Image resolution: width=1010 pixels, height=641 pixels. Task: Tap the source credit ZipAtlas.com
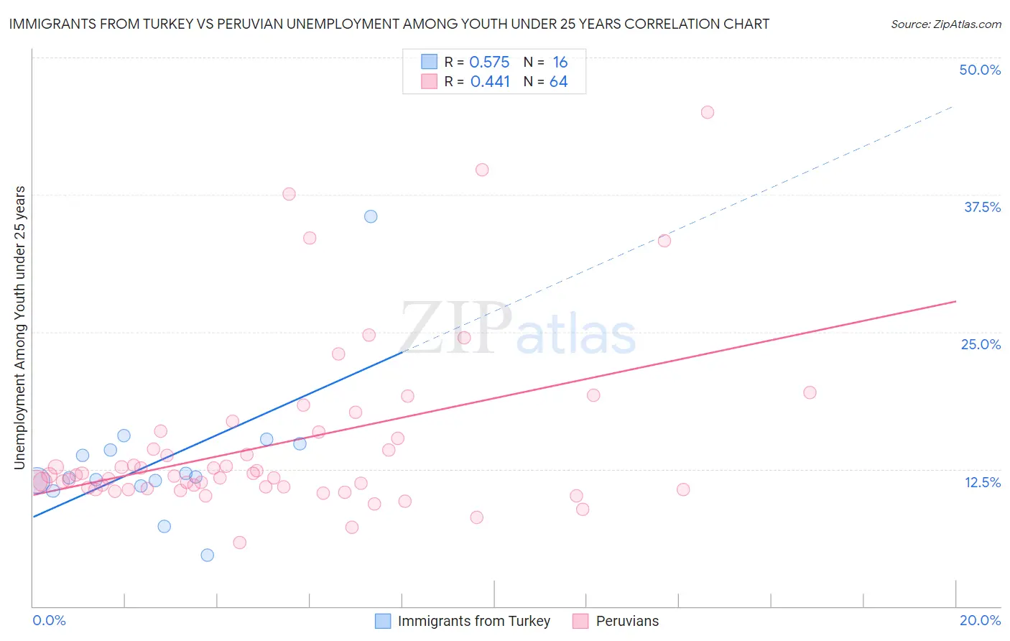(x=945, y=24)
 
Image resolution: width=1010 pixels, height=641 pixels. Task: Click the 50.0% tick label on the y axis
(x=980, y=70)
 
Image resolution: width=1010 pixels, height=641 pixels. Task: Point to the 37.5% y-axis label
(x=982, y=207)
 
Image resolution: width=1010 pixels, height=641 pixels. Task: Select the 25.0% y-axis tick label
(x=981, y=344)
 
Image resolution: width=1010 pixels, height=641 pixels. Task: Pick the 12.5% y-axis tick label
(x=982, y=482)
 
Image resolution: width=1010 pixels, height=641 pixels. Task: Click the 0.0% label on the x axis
(x=49, y=620)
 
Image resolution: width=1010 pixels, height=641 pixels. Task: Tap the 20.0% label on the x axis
(x=980, y=620)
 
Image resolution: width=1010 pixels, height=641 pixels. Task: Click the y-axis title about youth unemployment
(x=20, y=328)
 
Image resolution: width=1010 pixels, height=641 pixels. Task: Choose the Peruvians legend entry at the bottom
(x=626, y=621)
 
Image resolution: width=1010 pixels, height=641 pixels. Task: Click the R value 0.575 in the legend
(x=489, y=63)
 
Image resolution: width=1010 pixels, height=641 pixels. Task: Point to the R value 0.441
(x=490, y=82)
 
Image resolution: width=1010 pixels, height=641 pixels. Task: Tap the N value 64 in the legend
(x=558, y=82)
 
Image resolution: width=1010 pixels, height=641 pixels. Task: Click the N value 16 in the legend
(x=560, y=63)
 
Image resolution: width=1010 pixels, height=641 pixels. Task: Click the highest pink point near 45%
(x=708, y=112)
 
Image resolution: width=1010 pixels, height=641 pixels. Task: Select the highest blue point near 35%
(x=371, y=216)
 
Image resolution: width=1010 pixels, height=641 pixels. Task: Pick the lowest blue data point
(x=208, y=555)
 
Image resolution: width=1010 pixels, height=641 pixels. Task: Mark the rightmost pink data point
(x=810, y=392)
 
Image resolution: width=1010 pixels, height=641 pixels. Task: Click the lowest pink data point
(x=240, y=543)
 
